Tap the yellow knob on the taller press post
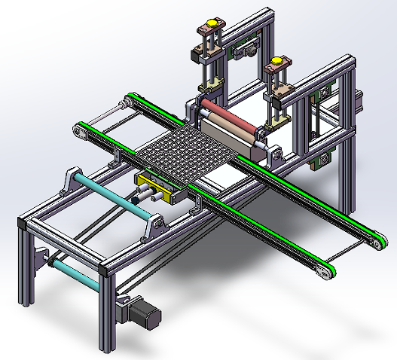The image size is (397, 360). pyautogui.click(x=211, y=26)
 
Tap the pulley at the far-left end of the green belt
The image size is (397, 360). pyautogui.click(x=78, y=132)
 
